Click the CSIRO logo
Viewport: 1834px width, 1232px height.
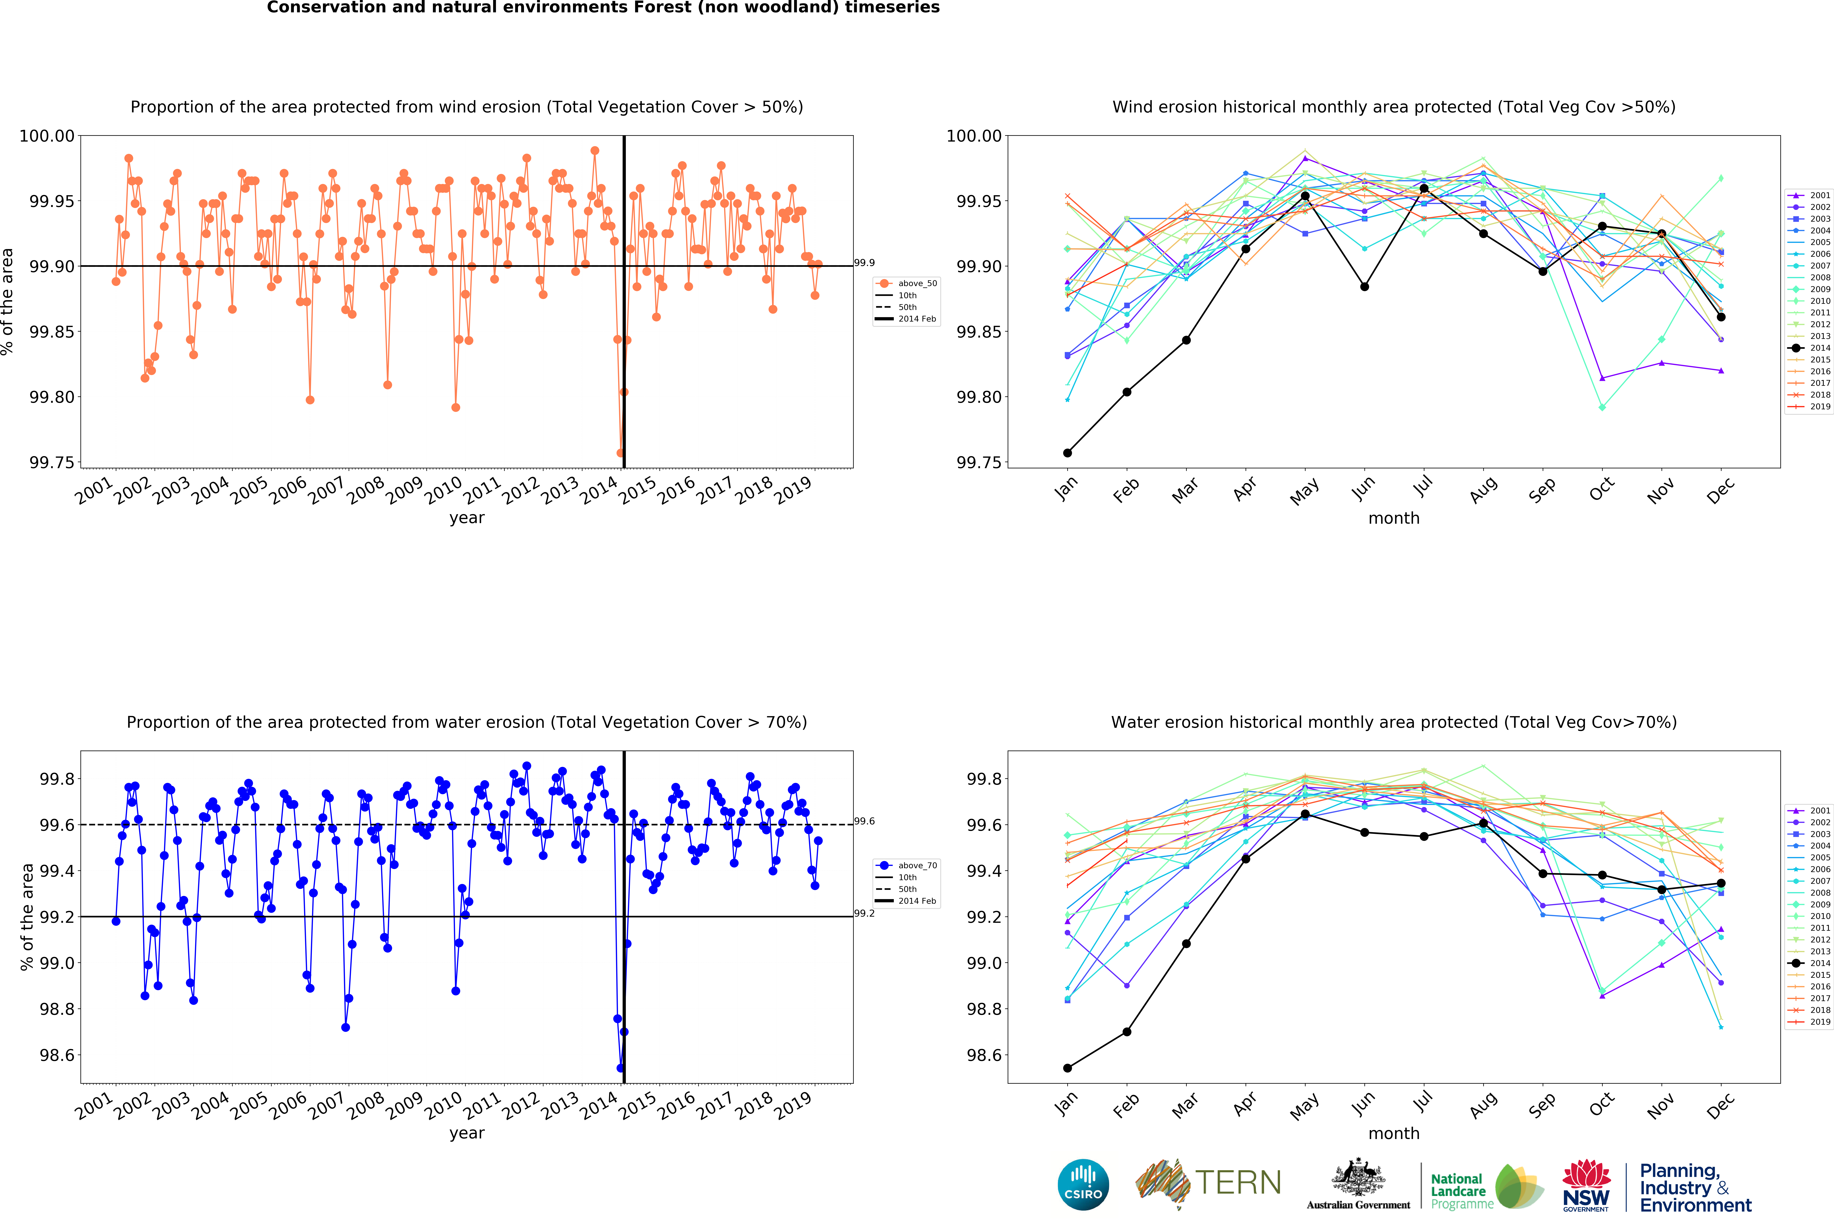1083,1184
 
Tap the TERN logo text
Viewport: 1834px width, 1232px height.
1238,1182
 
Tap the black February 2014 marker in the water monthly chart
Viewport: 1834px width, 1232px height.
1127,1032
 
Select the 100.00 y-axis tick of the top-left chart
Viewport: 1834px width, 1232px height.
47,136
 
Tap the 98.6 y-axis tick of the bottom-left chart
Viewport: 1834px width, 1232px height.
57,1055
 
